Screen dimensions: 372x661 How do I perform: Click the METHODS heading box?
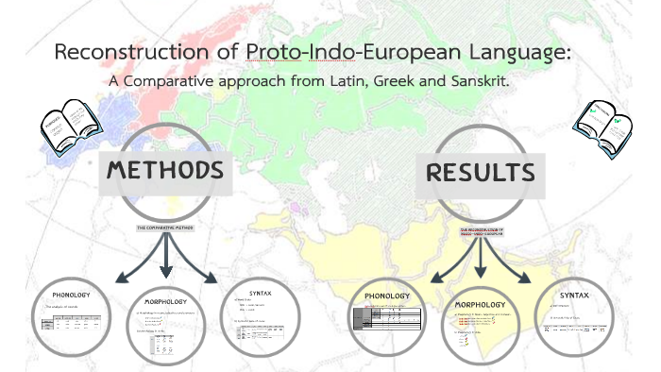point(165,172)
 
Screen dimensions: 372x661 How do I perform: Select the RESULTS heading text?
point(481,174)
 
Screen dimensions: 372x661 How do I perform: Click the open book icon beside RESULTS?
point(602,126)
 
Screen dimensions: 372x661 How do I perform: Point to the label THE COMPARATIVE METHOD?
point(165,228)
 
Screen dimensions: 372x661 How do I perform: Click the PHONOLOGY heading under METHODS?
point(72,295)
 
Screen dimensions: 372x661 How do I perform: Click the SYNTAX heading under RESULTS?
point(573,296)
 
